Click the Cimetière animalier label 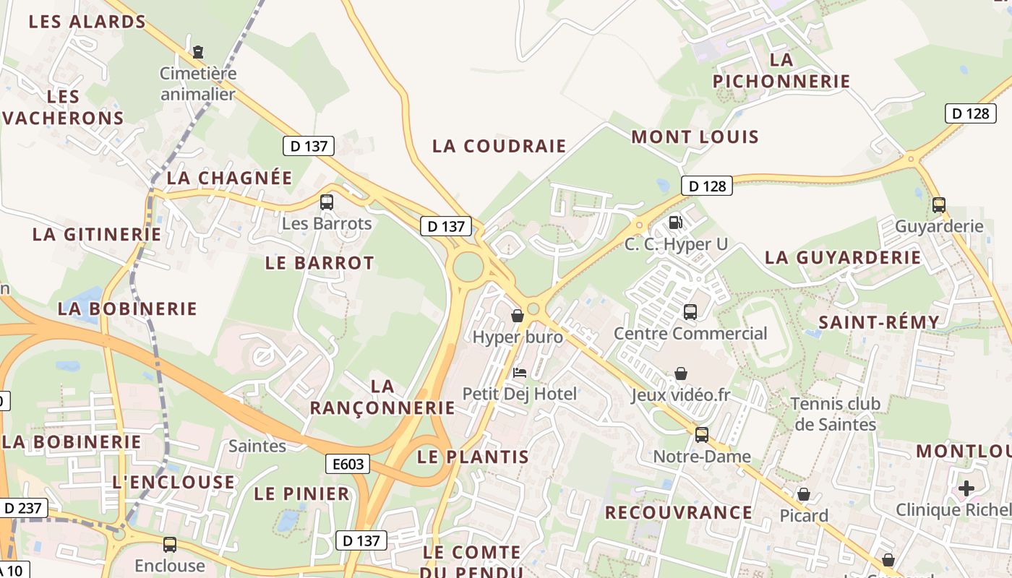coord(198,83)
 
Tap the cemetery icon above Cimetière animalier coord(198,52)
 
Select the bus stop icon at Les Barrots coord(327,202)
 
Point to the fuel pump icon coord(675,223)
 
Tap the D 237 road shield coord(22,508)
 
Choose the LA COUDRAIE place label coord(499,146)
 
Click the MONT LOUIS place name coord(695,137)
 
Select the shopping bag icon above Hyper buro coord(518,316)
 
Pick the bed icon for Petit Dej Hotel coord(519,373)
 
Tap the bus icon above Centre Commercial coord(690,312)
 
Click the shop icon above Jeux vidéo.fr coord(680,374)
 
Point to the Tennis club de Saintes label coord(835,414)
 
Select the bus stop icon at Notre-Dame coord(701,435)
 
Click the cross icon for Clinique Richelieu coord(966,488)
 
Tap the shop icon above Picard coord(803,494)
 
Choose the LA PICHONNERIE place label coord(781,70)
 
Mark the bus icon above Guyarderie coord(938,205)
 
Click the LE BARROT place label coord(320,263)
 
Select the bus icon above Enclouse coord(170,545)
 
